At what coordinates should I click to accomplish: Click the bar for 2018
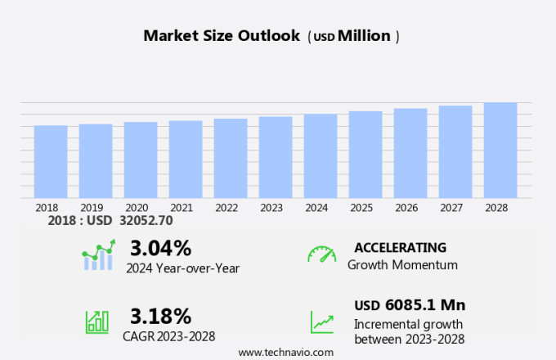[51, 161]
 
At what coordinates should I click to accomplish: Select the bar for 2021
[186, 159]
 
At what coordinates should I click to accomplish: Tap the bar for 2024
[321, 155]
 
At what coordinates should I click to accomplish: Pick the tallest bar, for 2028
[500, 150]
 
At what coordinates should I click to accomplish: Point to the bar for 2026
[410, 153]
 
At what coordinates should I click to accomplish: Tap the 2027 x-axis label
[455, 208]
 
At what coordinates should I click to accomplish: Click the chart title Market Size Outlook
[221, 36]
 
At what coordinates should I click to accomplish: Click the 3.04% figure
[160, 248]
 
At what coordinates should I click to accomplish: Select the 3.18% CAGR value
[160, 316]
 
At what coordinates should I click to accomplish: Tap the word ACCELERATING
[400, 247]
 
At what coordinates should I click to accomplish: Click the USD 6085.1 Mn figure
[410, 305]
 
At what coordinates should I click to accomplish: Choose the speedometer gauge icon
[321, 254]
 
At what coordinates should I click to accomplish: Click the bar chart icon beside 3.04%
[98, 256]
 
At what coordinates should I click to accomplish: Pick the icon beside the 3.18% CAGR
[97, 322]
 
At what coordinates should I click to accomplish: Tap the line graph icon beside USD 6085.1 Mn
[321, 322]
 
